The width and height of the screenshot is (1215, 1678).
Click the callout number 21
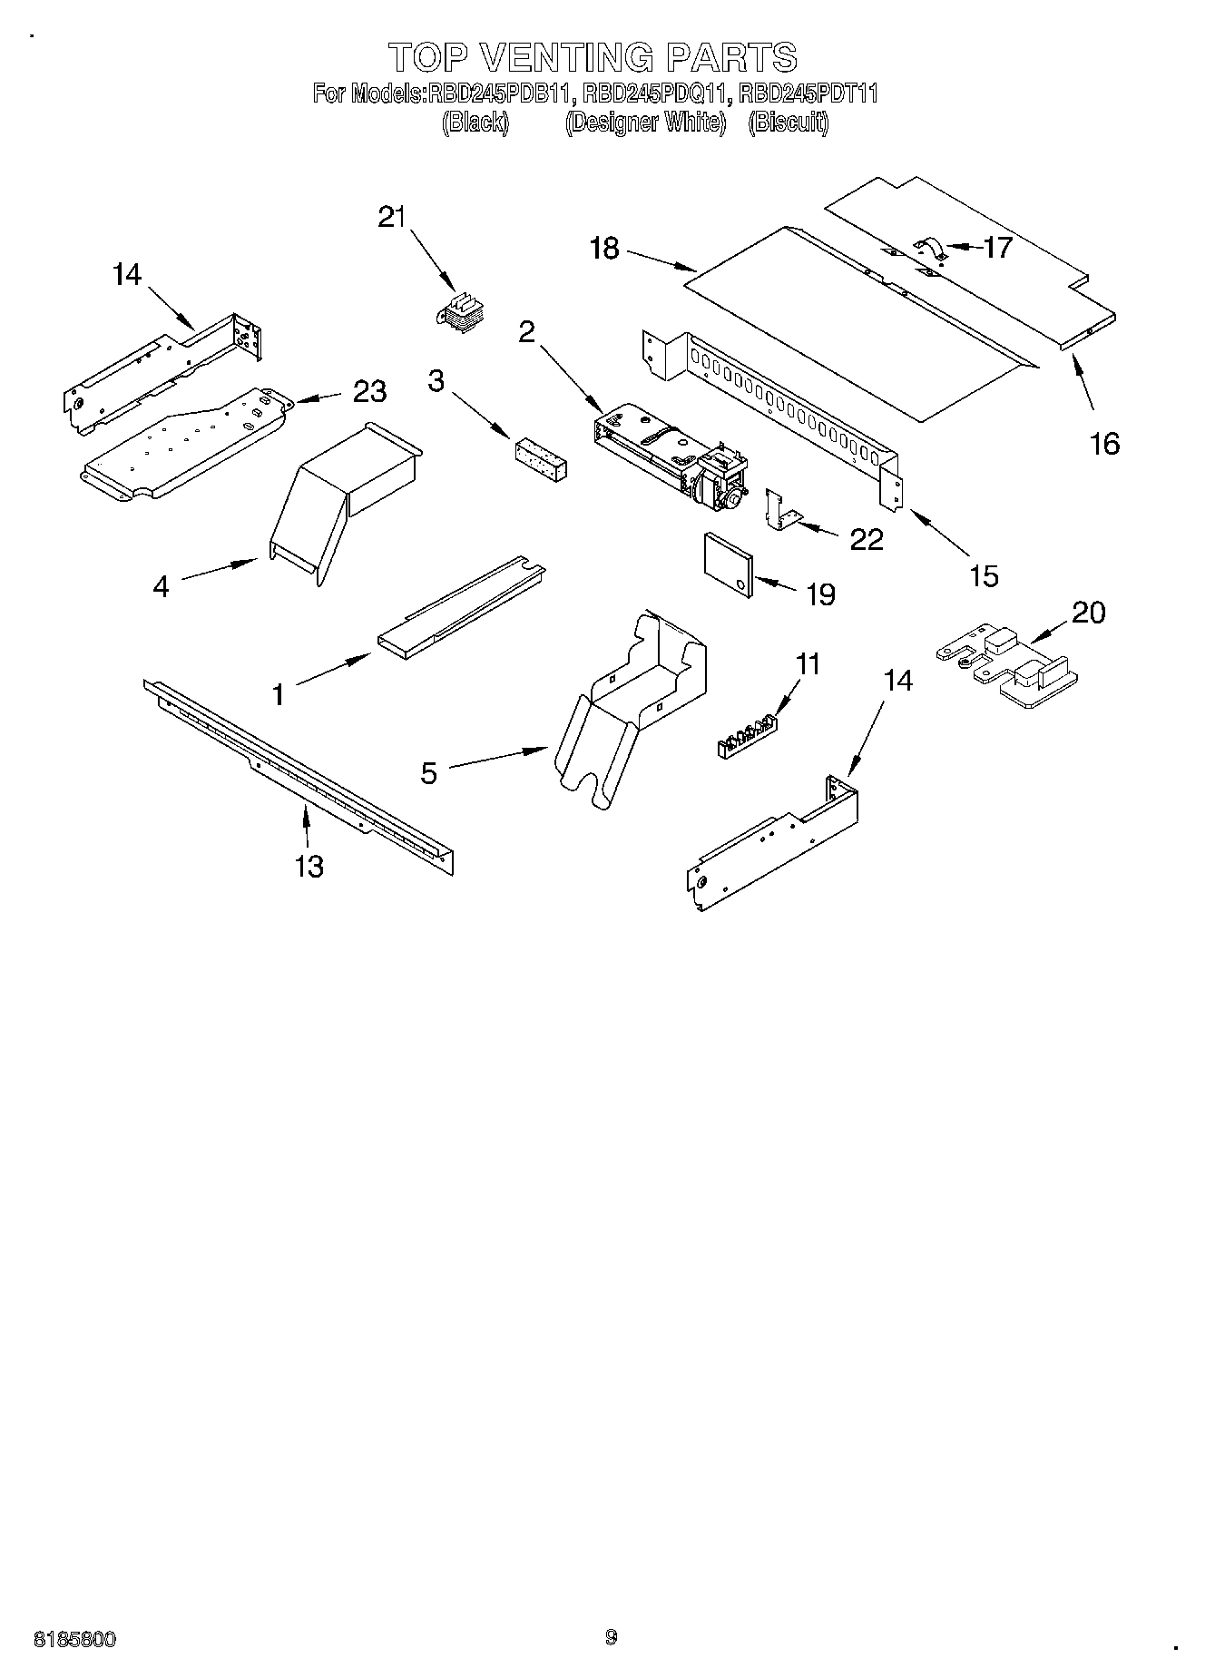[392, 218]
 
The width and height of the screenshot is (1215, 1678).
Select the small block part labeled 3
[541, 459]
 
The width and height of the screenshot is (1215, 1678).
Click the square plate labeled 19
[730, 565]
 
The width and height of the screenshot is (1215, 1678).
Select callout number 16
[1104, 444]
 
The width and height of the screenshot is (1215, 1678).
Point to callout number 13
[309, 866]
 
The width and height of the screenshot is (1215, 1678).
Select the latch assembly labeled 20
[1007, 667]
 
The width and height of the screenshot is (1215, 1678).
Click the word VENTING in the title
[565, 57]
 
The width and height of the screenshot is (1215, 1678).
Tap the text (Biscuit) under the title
[788, 122]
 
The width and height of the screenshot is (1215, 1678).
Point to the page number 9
[610, 1637]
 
